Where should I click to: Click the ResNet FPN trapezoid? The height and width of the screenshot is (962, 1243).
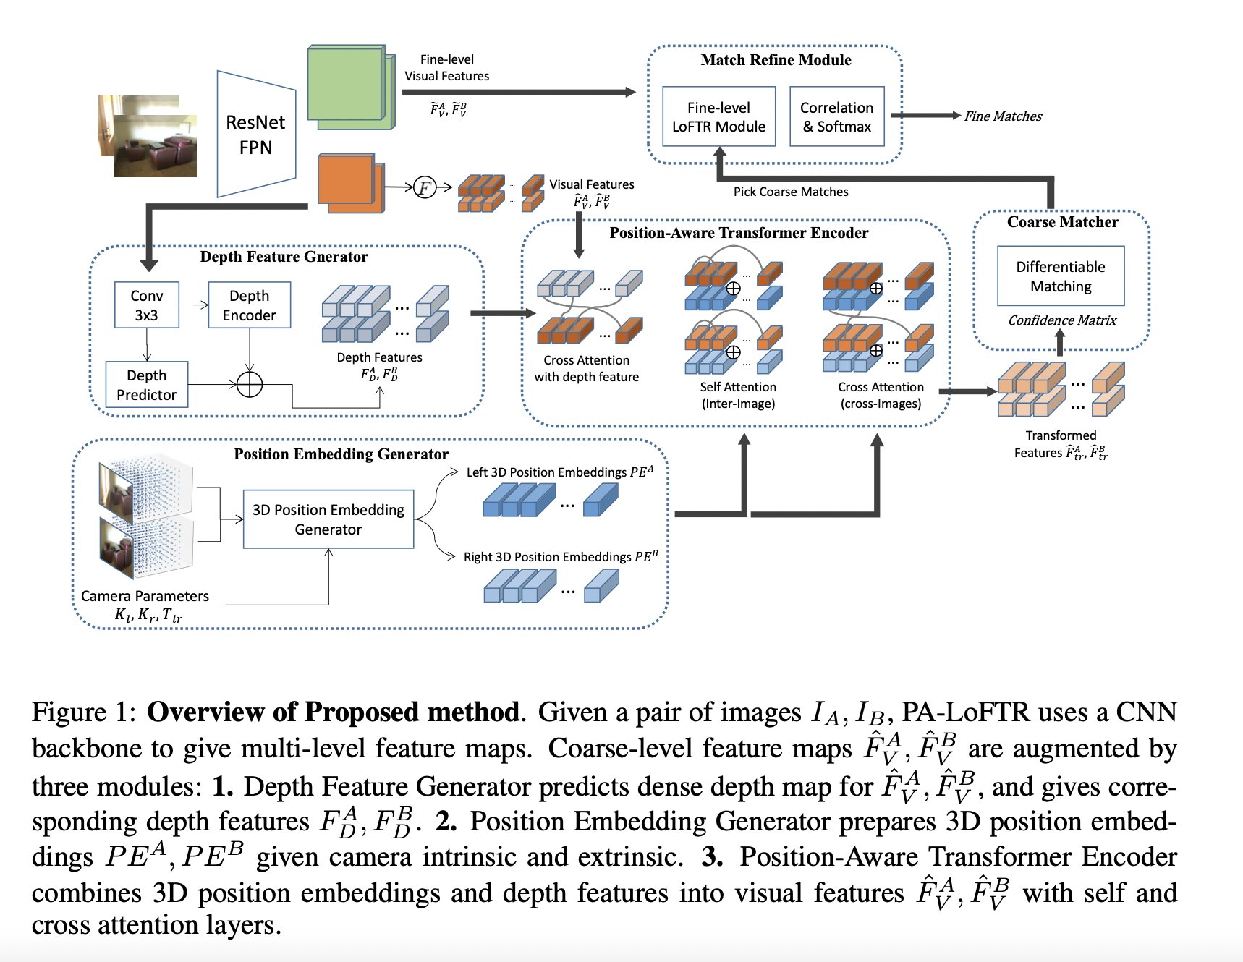[256, 135]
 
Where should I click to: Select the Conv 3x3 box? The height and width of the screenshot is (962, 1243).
[147, 305]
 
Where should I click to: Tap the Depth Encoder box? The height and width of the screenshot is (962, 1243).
[249, 305]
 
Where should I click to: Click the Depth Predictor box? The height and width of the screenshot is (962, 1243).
[146, 385]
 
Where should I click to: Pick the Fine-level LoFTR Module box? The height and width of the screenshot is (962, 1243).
[718, 116]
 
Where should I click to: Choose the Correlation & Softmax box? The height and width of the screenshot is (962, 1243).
[836, 116]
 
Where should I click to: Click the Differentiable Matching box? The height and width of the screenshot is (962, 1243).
[1061, 276]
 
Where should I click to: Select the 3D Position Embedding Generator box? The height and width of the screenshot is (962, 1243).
[328, 519]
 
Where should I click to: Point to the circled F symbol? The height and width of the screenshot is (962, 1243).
[425, 188]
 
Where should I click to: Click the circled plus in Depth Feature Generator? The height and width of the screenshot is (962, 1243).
[250, 385]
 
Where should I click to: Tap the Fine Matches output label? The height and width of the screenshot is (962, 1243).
[1003, 116]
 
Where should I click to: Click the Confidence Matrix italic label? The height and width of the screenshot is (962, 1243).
[1062, 320]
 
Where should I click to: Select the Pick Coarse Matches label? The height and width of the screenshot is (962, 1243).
[791, 192]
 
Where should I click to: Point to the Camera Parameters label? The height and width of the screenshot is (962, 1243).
[145, 596]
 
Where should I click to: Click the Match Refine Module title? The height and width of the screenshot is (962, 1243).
[776, 60]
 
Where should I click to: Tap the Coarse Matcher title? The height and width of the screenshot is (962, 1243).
[1062, 222]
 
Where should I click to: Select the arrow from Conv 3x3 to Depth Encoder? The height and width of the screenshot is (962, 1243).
[194, 305]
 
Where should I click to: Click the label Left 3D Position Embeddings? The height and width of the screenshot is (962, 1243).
[559, 472]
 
